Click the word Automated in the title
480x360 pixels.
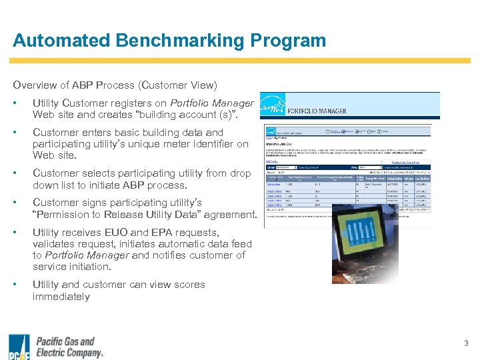pyautogui.click(x=61, y=41)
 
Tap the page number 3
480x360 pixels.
pyautogui.click(x=466, y=343)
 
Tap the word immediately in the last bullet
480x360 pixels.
pyautogui.click(x=61, y=297)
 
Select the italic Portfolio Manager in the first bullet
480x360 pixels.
pyautogui.click(x=212, y=103)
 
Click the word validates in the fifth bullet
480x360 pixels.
pyautogui.click(x=54, y=244)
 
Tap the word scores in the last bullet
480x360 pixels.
pyautogui.click(x=189, y=285)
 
